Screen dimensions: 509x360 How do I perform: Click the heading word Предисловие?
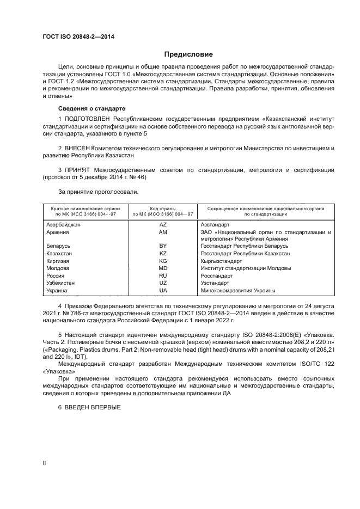188,54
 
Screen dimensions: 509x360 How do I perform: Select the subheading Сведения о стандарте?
91,108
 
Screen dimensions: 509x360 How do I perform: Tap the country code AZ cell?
163,224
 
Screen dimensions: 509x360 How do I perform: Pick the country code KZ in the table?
163,254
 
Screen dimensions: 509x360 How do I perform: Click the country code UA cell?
163,291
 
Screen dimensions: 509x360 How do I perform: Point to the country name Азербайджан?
64,224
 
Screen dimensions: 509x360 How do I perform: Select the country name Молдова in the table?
58,268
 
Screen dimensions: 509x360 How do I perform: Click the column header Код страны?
163,208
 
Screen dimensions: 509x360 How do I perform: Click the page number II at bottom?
45,463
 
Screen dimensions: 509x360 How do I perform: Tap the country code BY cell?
163,246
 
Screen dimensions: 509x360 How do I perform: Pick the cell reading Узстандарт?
215,283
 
